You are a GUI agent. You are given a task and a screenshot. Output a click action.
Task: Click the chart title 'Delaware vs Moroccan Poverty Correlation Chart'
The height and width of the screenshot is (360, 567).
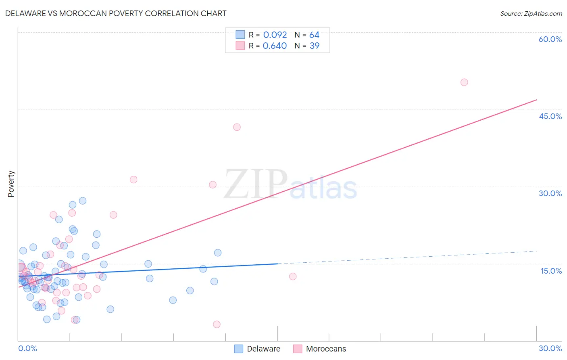pos(116,13)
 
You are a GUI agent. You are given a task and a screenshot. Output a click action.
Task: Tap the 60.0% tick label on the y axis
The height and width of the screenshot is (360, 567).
pos(550,39)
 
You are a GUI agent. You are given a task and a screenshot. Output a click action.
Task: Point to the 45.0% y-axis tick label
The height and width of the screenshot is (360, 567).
pos(550,116)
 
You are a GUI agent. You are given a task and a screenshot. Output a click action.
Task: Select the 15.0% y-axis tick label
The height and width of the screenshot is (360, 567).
pos(551,271)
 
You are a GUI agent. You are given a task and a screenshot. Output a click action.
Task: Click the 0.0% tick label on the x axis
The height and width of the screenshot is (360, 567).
pos(27,348)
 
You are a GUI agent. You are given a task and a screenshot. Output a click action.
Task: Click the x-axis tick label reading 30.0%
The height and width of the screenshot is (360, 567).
pos(550,348)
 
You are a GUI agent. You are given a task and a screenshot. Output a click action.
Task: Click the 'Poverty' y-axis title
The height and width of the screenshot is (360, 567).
pos(11,184)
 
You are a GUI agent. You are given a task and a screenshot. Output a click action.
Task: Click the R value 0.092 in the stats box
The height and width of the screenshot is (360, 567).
pos(275,35)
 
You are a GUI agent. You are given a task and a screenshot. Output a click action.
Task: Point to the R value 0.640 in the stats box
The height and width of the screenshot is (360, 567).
pos(275,46)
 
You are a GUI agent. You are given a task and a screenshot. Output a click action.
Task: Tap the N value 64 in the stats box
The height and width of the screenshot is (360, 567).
pos(314,35)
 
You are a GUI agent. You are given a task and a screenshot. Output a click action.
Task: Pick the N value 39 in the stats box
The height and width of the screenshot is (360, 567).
pos(314,46)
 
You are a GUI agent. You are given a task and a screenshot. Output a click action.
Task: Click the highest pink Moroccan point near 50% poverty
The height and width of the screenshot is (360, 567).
pos(464,82)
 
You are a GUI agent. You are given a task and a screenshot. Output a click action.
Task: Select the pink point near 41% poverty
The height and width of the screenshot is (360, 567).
pos(237,127)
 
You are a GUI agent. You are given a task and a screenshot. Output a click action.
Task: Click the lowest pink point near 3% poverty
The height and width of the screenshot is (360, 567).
pos(217,324)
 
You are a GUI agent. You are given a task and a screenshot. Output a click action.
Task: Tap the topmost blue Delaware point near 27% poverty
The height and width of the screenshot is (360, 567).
pos(83,201)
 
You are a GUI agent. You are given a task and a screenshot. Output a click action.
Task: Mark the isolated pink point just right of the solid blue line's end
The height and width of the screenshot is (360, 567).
pos(293,276)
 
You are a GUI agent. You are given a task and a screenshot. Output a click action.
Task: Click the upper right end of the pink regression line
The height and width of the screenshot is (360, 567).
pos(536,99)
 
